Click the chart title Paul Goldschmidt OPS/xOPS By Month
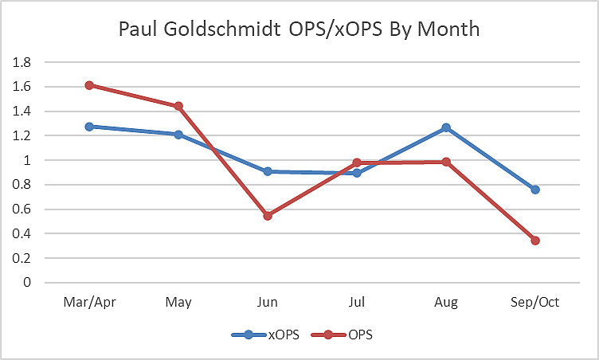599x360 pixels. (x=299, y=30)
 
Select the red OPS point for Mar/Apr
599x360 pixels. (x=89, y=85)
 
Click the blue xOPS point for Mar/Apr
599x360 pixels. (x=89, y=127)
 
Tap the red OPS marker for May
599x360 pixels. (x=178, y=106)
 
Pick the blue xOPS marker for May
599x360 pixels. (x=178, y=135)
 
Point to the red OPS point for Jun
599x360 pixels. (x=268, y=216)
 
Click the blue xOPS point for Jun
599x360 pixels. (x=268, y=171)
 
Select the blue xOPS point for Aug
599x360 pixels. (x=446, y=127)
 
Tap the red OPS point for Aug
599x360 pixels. (x=446, y=162)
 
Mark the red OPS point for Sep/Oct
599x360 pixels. (x=535, y=241)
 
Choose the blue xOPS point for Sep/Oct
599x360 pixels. (x=535, y=190)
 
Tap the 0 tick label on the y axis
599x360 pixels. (x=28, y=283)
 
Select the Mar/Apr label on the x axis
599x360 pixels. (x=89, y=303)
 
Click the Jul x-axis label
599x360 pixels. (x=357, y=303)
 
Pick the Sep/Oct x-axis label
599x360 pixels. (x=535, y=303)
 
